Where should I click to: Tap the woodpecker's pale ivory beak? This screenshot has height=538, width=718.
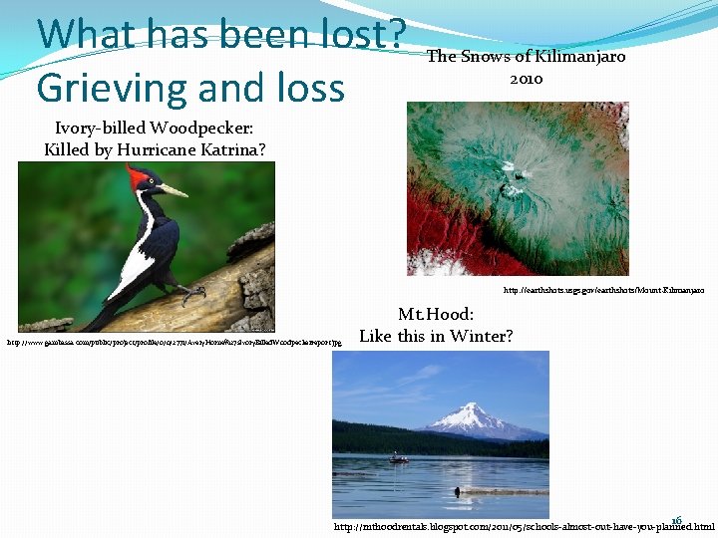click(x=173, y=189)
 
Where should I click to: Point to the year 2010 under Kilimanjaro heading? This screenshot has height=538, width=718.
click(x=526, y=78)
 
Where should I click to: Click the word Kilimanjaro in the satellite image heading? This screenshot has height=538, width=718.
click(x=580, y=57)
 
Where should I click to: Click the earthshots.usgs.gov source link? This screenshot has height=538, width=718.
click(x=603, y=290)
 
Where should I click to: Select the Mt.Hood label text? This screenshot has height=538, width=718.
click(x=436, y=315)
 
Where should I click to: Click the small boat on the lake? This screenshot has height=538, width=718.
click(x=398, y=458)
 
